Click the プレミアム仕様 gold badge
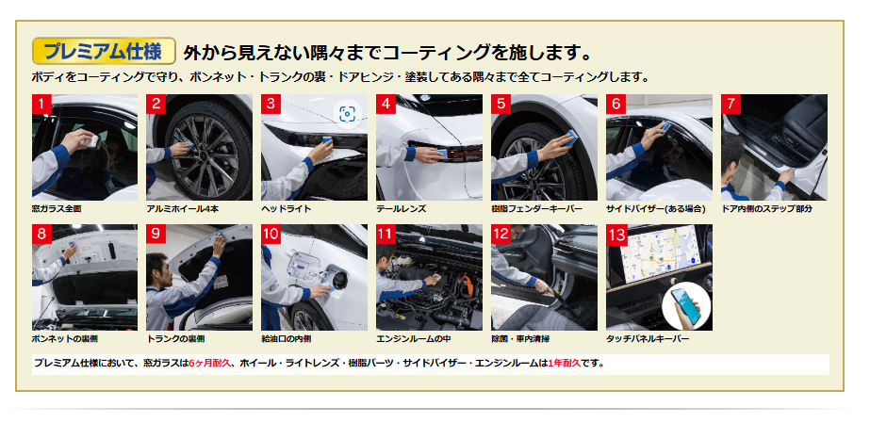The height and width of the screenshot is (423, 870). click(104, 51)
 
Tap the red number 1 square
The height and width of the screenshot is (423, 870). click(41, 104)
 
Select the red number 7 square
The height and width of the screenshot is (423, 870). click(730, 104)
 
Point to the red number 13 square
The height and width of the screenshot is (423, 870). click(616, 235)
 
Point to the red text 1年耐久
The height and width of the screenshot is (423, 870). click(564, 364)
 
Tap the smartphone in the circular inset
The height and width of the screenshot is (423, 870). click(686, 306)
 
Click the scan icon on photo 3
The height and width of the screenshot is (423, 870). click(347, 114)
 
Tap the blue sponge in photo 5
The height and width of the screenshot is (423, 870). click(570, 137)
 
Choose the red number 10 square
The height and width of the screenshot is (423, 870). click(271, 235)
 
